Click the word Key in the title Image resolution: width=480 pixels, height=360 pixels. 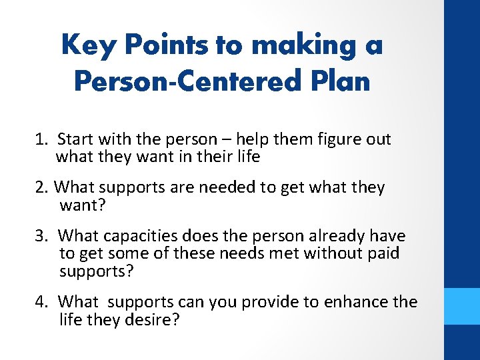83,45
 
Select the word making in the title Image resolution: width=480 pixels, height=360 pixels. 291,45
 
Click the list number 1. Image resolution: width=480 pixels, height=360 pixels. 41,139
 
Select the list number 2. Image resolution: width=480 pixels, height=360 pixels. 41,187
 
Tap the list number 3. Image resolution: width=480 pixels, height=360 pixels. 41,236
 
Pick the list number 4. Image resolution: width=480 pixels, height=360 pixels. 41,302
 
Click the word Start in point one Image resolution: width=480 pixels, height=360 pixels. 75,139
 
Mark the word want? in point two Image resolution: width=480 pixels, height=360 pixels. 83,205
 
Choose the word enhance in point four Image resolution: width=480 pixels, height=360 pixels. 356,302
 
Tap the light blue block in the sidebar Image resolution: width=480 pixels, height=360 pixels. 462,306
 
